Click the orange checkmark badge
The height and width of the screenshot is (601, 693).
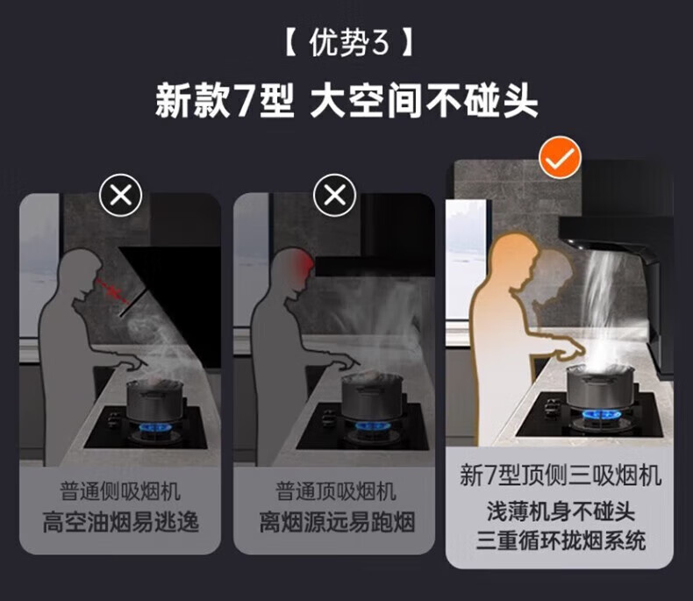560,157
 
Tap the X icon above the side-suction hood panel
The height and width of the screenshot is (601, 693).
121,195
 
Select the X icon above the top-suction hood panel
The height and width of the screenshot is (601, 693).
334,195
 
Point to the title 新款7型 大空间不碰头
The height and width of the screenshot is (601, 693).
346,101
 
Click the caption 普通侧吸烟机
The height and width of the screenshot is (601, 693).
120,491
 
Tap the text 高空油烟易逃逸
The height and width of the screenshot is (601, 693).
121,522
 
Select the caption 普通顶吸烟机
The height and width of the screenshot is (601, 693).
335,491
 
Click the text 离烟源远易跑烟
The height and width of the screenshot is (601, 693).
337,522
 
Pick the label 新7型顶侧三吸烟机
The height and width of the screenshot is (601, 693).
561,475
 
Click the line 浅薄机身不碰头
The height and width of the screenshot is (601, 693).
561,512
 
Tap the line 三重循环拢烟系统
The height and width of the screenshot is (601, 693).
561,540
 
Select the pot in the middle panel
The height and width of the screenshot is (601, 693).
373,395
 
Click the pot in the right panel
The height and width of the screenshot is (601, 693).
600,385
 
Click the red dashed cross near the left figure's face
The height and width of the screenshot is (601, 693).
113,290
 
